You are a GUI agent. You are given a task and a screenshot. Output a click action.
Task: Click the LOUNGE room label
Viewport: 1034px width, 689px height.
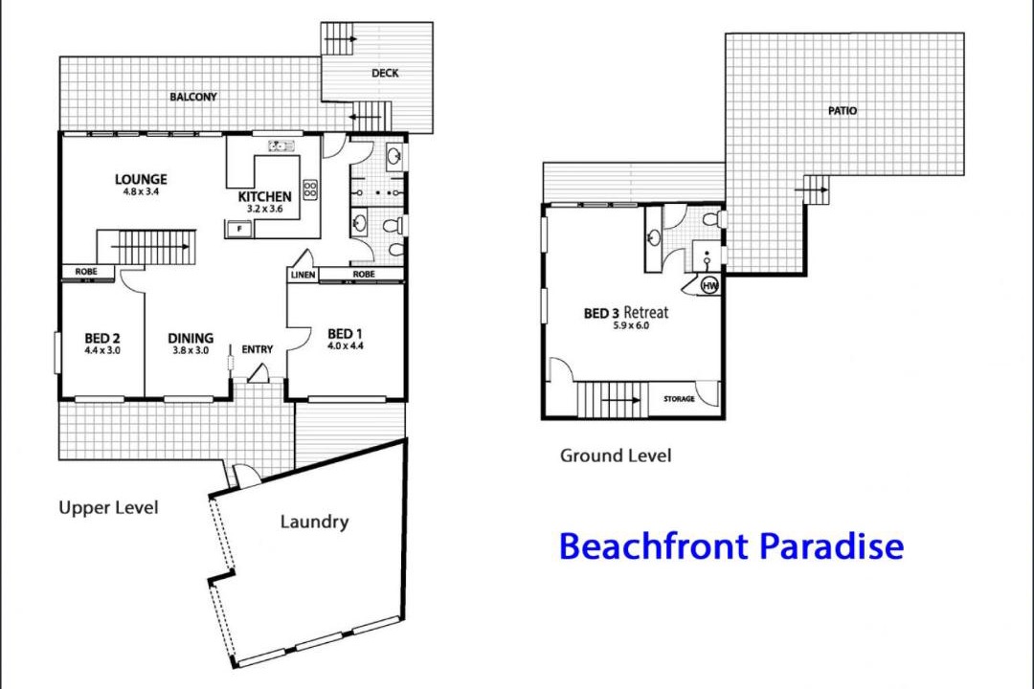[141, 179]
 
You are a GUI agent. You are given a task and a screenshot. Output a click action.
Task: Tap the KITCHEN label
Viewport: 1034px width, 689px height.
[264, 196]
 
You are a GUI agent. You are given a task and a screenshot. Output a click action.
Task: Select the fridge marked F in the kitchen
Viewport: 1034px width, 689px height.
[239, 229]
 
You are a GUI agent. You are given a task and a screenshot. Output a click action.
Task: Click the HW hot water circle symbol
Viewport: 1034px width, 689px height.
[709, 285]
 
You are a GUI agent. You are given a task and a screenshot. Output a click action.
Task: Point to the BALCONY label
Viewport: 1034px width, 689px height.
[193, 97]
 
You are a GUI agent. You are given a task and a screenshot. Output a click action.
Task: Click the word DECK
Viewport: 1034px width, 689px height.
[385, 73]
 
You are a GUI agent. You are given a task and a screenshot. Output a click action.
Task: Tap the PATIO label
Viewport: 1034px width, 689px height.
[843, 111]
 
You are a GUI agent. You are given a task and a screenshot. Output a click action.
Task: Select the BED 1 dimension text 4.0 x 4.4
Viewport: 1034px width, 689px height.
[346, 345]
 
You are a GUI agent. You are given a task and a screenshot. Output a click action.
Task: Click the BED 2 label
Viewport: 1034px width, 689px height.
[102, 338]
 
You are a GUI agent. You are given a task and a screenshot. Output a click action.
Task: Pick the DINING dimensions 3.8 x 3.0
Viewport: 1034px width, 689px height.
[191, 351]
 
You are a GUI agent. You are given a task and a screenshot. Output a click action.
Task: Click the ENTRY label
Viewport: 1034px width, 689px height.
[258, 349]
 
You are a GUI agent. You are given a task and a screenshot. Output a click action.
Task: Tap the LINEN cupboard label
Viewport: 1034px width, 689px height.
[303, 275]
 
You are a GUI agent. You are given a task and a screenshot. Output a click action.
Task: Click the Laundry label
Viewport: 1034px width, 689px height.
[315, 522]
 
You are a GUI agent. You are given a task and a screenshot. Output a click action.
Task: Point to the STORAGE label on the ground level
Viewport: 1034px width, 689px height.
[679, 399]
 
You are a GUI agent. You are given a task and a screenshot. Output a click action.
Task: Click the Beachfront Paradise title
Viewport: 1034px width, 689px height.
[731, 545]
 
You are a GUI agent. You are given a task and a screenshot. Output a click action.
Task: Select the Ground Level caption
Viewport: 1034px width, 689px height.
[616, 456]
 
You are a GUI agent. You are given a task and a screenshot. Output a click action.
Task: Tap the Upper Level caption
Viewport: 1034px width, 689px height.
[109, 508]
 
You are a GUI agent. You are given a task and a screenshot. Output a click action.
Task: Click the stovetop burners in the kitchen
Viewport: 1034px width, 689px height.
[310, 189]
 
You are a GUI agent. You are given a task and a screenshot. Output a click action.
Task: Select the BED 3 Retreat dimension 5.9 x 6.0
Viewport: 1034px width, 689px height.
[631, 325]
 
